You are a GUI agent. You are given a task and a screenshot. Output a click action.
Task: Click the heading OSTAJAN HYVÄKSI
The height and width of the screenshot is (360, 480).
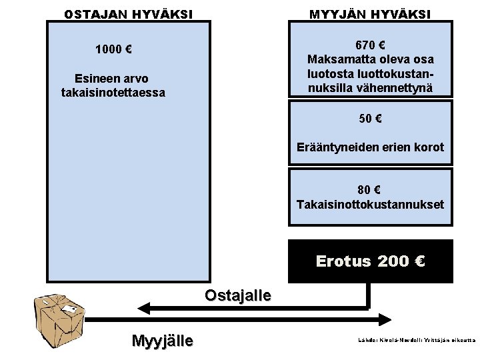pos(128,13)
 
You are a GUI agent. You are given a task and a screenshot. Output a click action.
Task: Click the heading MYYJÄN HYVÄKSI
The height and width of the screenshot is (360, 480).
pos(369,13)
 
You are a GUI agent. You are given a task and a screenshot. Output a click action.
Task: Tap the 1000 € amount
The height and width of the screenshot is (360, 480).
pos(113,49)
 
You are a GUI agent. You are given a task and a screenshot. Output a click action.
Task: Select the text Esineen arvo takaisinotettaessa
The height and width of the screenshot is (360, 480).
pos(113,86)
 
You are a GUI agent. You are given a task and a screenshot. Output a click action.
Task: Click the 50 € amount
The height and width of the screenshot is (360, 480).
pos(369,119)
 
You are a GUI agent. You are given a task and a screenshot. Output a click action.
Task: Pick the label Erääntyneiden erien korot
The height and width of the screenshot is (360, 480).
pos(369,147)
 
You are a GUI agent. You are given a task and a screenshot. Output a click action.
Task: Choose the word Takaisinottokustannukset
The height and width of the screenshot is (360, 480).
pos(369,203)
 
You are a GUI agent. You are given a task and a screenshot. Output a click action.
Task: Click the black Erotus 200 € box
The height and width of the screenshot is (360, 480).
pos(369,261)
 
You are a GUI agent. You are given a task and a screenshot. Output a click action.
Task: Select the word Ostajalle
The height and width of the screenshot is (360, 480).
pos(238,295)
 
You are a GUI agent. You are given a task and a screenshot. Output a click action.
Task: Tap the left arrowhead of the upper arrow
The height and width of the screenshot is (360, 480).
pos(142,307)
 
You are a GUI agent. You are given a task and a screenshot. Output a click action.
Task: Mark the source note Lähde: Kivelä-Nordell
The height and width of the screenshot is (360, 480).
pos(417,340)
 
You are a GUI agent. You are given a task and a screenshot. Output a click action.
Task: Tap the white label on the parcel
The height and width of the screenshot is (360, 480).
pos(68,310)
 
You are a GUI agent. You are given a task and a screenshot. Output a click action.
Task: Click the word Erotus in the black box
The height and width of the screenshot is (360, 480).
pos(343,261)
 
